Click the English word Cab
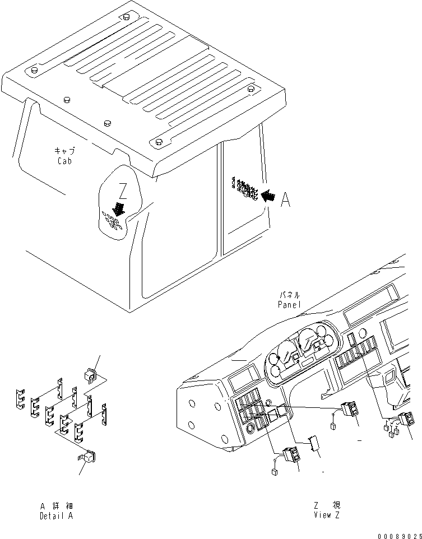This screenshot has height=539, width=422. [x=64, y=161]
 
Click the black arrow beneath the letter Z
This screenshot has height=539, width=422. [x=119, y=208]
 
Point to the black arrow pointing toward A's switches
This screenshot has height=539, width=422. [x=268, y=195]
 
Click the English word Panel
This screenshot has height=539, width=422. [x=289, y=304]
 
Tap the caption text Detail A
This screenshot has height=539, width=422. [x=56, y=516]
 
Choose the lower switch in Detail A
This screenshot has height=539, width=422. [x=88, y=458]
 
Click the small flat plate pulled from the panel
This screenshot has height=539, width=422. [x=315, y=443]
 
